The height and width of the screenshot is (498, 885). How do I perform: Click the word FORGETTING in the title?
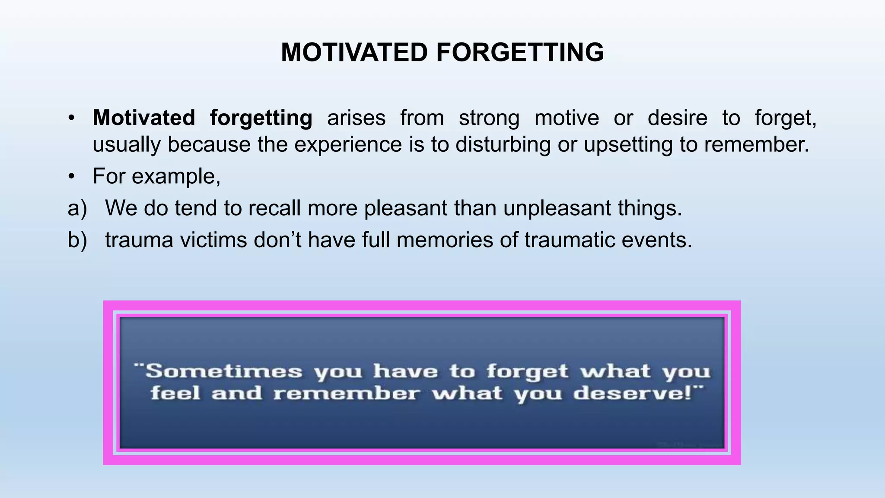[520, 53]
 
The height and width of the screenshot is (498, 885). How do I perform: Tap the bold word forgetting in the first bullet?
[261, 118]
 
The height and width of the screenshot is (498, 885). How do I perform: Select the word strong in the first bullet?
[489, 118]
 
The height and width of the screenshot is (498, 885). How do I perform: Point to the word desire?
[677, 118]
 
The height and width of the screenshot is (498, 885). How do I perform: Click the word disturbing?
[503, 144]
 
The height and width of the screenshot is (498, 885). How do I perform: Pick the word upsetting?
[628, 144]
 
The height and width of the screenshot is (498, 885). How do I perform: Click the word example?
[176, 177]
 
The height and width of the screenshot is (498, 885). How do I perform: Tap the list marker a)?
[77, 208]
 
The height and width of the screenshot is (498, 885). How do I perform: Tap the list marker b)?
[77, 240]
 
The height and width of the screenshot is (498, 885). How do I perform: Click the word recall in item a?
[274, 208]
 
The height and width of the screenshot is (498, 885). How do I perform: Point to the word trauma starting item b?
[139, 240]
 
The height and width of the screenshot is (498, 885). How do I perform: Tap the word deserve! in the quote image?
[637, 394]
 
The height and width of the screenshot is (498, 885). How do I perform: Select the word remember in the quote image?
[346, 394]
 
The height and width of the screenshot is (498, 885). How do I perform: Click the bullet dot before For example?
[72, 177]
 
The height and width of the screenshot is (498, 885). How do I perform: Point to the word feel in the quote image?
[175, 394]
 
